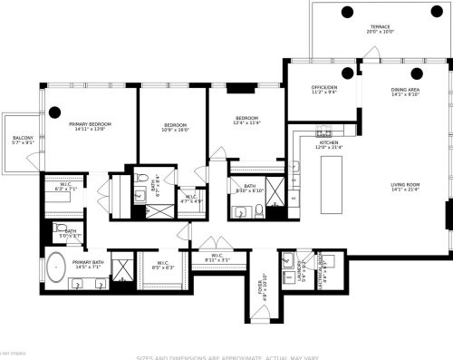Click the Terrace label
(x=380, y=29)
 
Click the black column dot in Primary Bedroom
(x=54, y=112)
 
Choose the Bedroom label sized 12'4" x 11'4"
(x=242, y=122)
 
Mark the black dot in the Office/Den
(x=348, y=73)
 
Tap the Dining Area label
(x=405, y=92)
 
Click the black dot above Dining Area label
(x=417, y=73)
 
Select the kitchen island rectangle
(x=332, y=182)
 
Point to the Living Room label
(x=405, y=186)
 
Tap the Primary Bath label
(x=75, y=264)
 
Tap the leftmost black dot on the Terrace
(x=348, y=12)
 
